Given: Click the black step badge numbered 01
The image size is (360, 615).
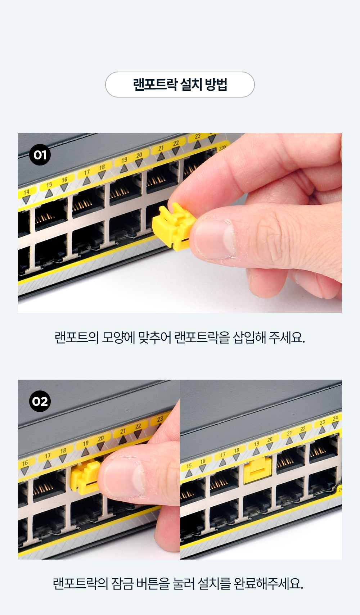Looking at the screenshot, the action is tap(40, 155).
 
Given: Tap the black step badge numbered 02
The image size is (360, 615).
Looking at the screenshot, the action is tap(40, 401).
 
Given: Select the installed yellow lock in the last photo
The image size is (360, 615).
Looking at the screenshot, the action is tap(257, 470).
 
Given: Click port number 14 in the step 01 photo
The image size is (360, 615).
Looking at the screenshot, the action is tap(26, 192).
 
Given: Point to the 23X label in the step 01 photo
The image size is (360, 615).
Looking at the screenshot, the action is tap(223, 148).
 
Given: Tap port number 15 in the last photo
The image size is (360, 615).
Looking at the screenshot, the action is tap(189, 466).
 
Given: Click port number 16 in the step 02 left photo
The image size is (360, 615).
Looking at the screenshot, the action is tap(25, 463).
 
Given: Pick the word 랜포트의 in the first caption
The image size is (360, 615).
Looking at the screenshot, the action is tap(77, 338).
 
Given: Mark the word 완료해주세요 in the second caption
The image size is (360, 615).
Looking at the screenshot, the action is tap(268, 583).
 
